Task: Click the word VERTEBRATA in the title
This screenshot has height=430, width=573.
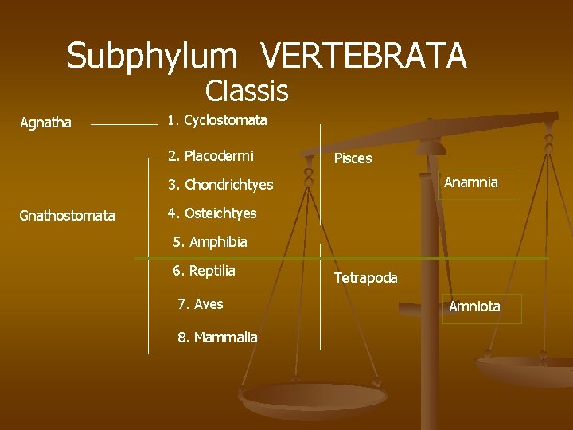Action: tap(364, 57)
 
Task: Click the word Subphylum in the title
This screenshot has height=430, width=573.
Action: tap(152, 57)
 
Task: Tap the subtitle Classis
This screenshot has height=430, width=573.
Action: tap(247, 92)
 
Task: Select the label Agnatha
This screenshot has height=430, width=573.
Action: tap(45, 123)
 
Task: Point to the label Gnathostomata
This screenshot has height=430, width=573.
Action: tap(67, 216)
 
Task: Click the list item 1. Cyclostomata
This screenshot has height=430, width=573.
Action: tap(217, 121)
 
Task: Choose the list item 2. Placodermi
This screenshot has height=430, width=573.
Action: tap(211, 155)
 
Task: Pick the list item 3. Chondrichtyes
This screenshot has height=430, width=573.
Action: tap(220, 185)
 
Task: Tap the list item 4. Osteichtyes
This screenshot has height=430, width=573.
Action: tap(212, 213)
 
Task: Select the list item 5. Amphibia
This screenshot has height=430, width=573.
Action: tap(210, 242)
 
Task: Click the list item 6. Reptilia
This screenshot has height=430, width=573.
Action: tap(205, 271)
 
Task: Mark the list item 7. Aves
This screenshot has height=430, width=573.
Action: tap(201, 304)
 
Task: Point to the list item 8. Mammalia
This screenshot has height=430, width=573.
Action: tap(217, 338)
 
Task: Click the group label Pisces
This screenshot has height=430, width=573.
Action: tap(353, 158)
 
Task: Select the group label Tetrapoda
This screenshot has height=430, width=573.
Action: tap(365, 278)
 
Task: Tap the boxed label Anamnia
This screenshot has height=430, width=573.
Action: tap(471, 183)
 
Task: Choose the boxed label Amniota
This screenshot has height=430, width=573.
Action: tap(474, 307)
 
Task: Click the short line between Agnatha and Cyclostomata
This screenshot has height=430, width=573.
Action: tap(124, 125)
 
